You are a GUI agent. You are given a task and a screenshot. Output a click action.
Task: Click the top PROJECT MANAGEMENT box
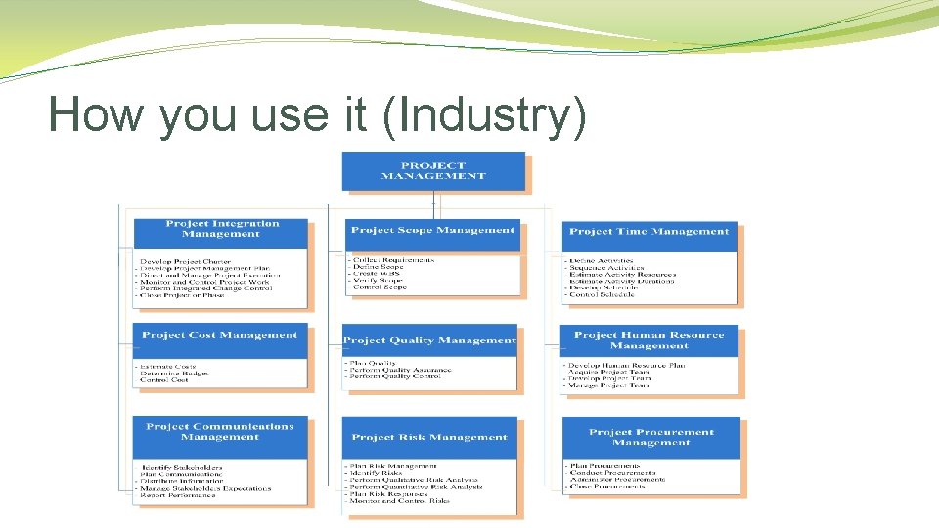[433, 171]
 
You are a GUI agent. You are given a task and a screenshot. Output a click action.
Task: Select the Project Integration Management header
[222, 229]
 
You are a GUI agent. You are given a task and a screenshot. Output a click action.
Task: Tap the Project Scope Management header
[432, 231]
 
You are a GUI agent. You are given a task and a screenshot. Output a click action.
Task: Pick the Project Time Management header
[649, 232]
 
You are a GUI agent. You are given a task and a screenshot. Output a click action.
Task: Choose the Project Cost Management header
[219, 335]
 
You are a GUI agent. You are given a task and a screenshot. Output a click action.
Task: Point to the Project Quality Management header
[429, 340]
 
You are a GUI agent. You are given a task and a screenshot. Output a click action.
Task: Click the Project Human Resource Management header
[649, 340]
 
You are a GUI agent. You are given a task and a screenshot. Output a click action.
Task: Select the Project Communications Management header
[220, 432]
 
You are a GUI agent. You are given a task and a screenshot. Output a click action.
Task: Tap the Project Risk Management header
[429, 437]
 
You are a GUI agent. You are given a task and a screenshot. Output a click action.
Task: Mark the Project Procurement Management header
[651, 437]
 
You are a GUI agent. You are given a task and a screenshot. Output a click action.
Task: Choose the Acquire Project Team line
[609, 372]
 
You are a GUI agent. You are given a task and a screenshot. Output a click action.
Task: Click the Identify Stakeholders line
[181, 467]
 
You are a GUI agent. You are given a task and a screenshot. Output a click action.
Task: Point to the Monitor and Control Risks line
[400, 500]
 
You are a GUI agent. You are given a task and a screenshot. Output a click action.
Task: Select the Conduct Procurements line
[612, 474]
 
